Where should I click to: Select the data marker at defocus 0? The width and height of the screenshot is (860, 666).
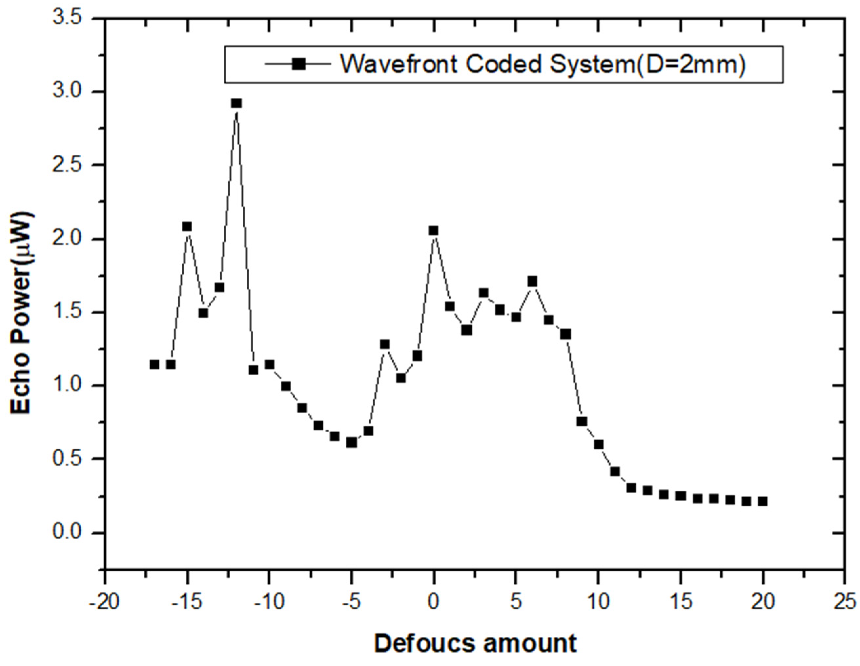click(x=434, y=230)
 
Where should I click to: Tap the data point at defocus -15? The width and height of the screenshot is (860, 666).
click(x=187, y=226)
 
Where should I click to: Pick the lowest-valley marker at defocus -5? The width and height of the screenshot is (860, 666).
click(x=352, y=442)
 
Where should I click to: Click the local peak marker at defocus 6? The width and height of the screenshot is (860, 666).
click(x=532, y=281)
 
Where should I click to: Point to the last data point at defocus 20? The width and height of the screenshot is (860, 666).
click(x=763, y=501)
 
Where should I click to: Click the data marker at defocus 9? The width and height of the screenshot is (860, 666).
click(x=582, y=421)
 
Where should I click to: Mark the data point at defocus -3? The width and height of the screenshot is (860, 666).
click(x=384, y=344)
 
